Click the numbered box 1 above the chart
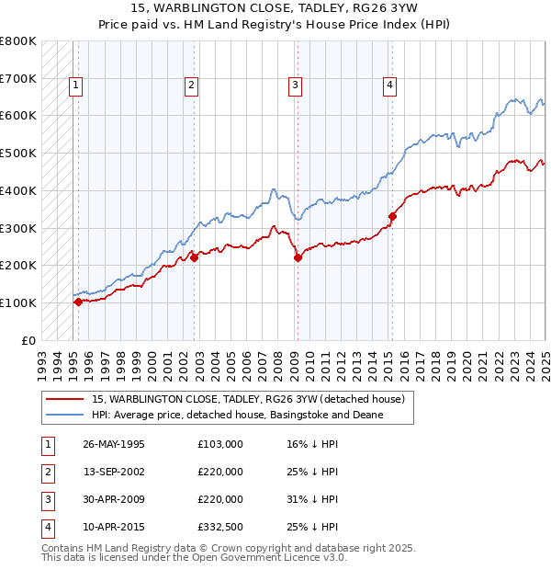[x=76, y=85]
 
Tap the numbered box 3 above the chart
[x=295, y=85]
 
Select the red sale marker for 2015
[x=392, y=216]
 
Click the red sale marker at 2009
[x=298, y=258]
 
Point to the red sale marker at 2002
[x=194, y=258]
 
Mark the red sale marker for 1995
[x=78, y=302]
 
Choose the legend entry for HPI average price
[x=237, y=415]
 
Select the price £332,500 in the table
[x=220, y=527]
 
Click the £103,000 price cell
[x=220, y=444]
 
